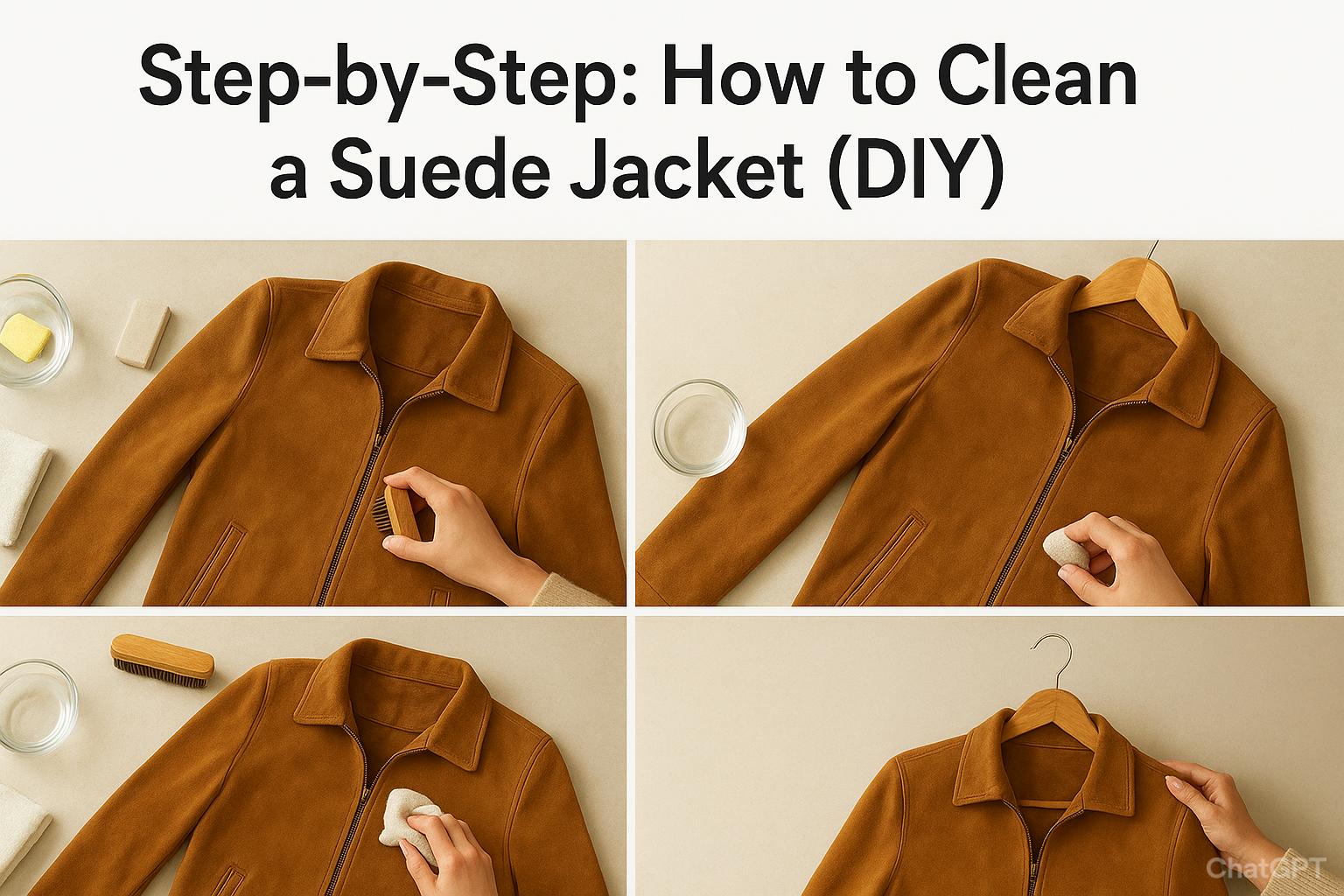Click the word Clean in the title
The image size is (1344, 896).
(x=1036, y=79)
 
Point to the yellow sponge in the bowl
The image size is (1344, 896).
(x=25, y=337)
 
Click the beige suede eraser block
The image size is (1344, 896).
(x=143, y=333)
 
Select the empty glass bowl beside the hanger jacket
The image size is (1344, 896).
(x=699, y=428)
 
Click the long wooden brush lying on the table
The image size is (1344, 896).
(x=162, y=660)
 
